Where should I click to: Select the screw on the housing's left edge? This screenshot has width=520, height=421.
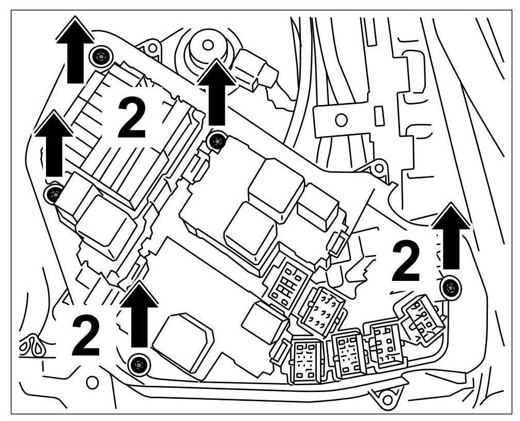[x=53, y=194]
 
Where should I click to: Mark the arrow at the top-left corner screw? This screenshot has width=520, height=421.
[x=75, y=49]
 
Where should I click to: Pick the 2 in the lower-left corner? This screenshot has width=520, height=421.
[x=86, y=336]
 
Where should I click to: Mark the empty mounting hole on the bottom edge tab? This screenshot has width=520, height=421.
[x=386, y=399]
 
